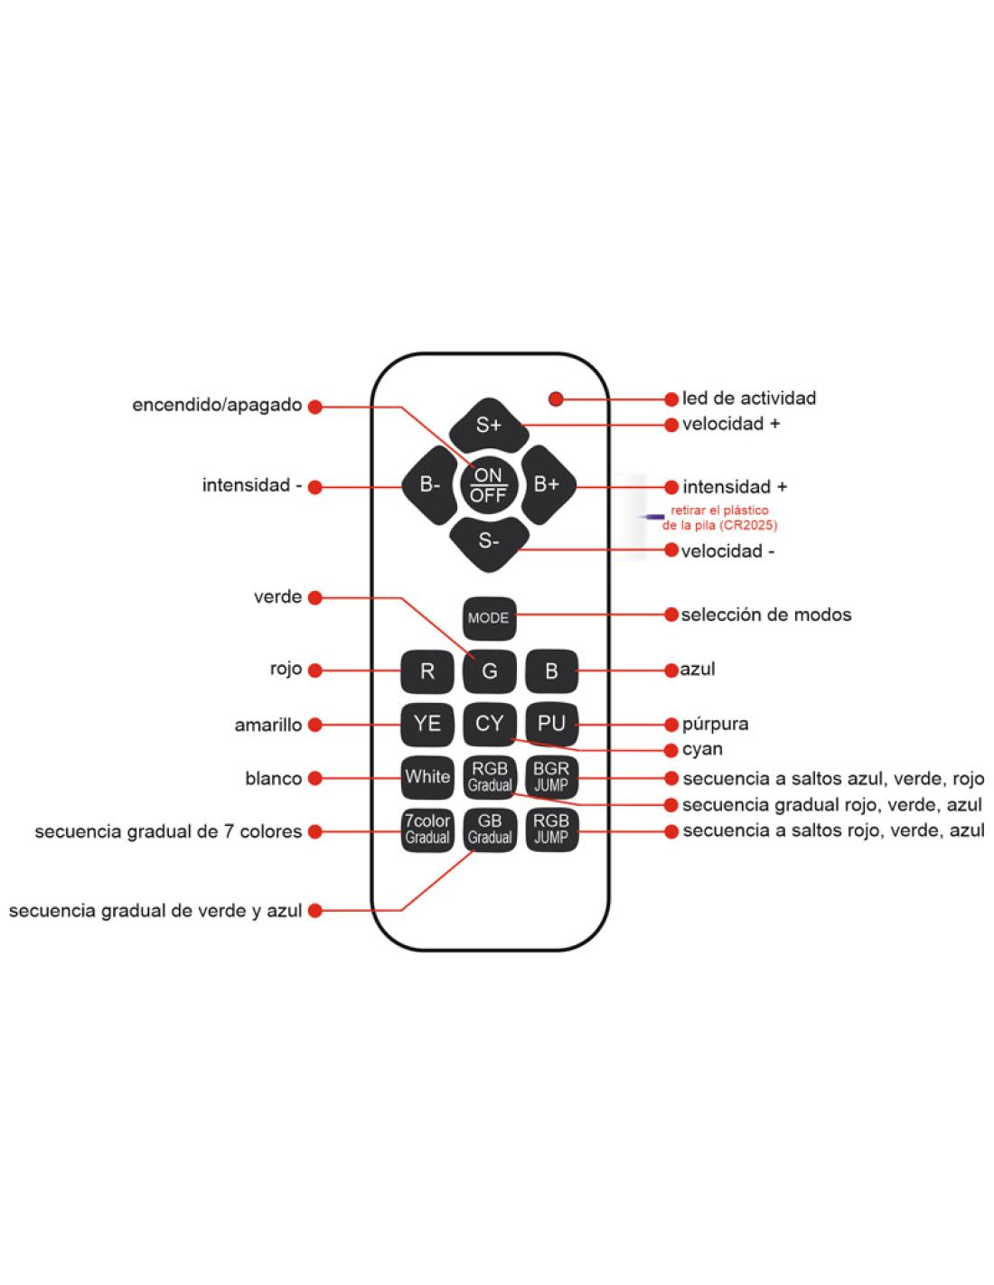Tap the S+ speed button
point(489,425)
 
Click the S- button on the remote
point(489,542)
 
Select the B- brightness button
point(429,485)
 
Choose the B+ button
point(547,485)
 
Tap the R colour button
point(427,671)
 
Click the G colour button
point(490,671)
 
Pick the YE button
point(427,724)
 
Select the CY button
point(490,724)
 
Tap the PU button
point(551,724)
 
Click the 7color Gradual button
point(427,829)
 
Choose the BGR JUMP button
point(551,777)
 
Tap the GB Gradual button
point(490,829)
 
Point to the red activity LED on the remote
point(556,399)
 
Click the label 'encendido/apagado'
point(217,405)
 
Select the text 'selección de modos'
point(765,615)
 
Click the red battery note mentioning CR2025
point(720,518)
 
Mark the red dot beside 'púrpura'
point(671,725)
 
